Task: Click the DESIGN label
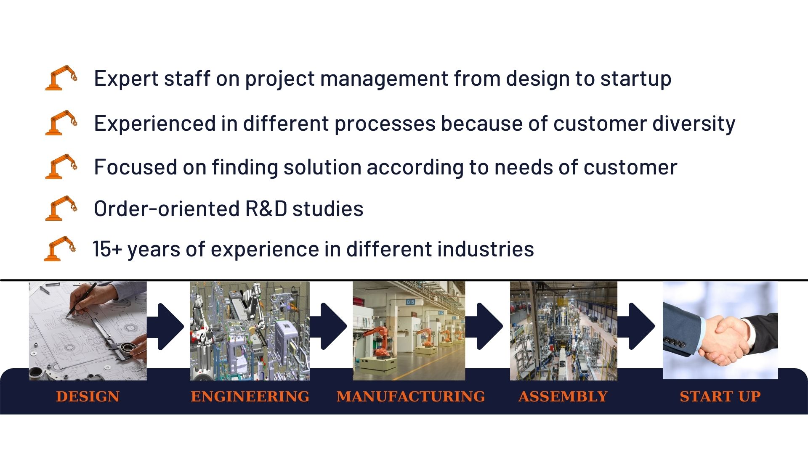click(x=88, y=396)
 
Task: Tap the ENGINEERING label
click(x=250, y=396)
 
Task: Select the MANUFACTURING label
click(x=410, y=396)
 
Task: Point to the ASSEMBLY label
click(x=563, y=396)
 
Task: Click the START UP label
click(x=720, y=396)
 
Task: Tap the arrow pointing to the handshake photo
click(x=636, y=326)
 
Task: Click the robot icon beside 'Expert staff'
click(x=61, y=78)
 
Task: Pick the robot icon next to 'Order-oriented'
click(x=61, y=208)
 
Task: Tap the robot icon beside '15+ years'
click(x=60, y=248)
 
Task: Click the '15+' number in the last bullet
click(x=107, y=249)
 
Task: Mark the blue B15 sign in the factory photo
click(x=410, y=302)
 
